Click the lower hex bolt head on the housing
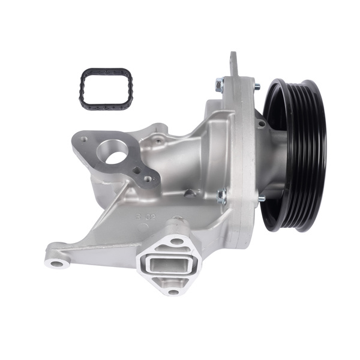click(222, 194)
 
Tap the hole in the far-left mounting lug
click(57, 263)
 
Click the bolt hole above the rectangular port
click(177, 241)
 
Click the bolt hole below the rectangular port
click(173, 292)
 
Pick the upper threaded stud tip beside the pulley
click(257, 87)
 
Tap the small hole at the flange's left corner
click(85, 139)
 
